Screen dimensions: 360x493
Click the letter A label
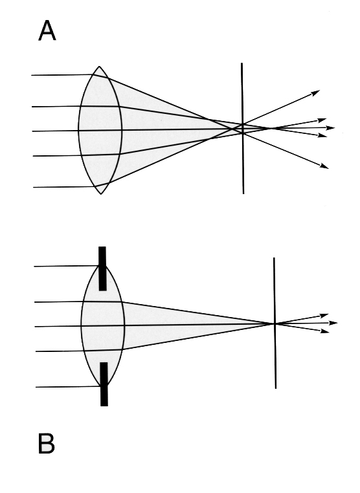[x=47, y=30]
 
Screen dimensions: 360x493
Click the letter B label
[x=46, y=443]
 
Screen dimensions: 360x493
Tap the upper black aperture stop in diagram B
[x=102, y=268]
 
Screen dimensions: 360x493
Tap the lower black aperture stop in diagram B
[x=104, y=384]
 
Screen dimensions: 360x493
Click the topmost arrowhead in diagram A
[x=315, y=93]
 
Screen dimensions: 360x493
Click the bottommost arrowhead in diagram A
[x=324, y=166]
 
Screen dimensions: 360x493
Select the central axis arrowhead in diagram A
[x=330, y=127]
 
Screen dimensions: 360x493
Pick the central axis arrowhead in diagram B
[x=333, y=323]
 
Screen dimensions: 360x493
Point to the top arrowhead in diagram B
[x=324, y=315]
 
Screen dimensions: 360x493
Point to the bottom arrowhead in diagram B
[x=325, y=331]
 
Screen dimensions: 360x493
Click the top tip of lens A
[x=99, y=67]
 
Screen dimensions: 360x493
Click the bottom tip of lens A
[x=101, y=194]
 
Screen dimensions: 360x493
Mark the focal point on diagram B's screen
[x=275, y=323]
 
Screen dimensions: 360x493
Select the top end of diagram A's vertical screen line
[x=242, y=63]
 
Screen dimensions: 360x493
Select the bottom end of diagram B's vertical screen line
[x=276, y=388]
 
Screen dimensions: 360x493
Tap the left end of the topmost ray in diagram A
[x=32, y=75]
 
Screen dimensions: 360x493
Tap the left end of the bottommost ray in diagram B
[x=36, y=387]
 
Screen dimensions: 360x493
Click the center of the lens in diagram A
[x=100, y=130]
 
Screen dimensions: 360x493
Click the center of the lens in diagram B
[x=103, y=325]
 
